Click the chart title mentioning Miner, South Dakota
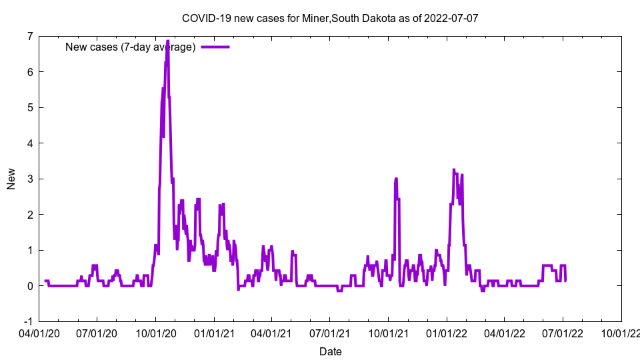[x=330, y=18]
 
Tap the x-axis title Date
[x=331, y=351]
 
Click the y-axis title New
[x=11, y=179]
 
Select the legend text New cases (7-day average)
[x=130, y=47]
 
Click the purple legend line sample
[x=215, y=47]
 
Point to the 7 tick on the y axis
[x=29, y=36]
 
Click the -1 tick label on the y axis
[x=27, y=321]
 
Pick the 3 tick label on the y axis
[x=29, y=179]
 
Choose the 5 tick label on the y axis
[x=29, y=107]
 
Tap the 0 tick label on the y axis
[x=29, y=286]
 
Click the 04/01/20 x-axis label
[x=39, y=333]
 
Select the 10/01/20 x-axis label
[x=155, y=333]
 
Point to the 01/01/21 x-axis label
[x=214, y=333]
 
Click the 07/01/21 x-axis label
[x=330, y=333]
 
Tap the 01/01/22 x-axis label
[x=447, y=333]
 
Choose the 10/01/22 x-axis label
[x=621, y=333]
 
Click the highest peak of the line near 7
[x=167, y=41]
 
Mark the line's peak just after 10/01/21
[x=396, y=179]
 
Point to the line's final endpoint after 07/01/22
[x=565, y=280]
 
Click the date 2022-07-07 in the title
[x=451, y=18]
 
